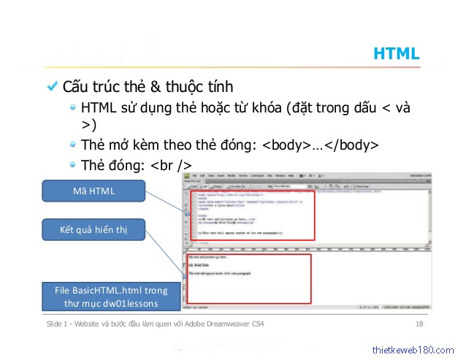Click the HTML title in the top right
click(x=396, y=53)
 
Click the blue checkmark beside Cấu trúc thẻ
click(x=52, y=86)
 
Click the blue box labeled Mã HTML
click(x=93, y=191)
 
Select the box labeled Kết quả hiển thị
click(x=93, y=231)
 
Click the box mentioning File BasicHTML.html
click(x=111, y=296)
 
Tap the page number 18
click(x=419, y=323)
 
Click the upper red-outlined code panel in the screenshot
click(x=252, y=215)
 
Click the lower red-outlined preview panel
click(x=248, y=278)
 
